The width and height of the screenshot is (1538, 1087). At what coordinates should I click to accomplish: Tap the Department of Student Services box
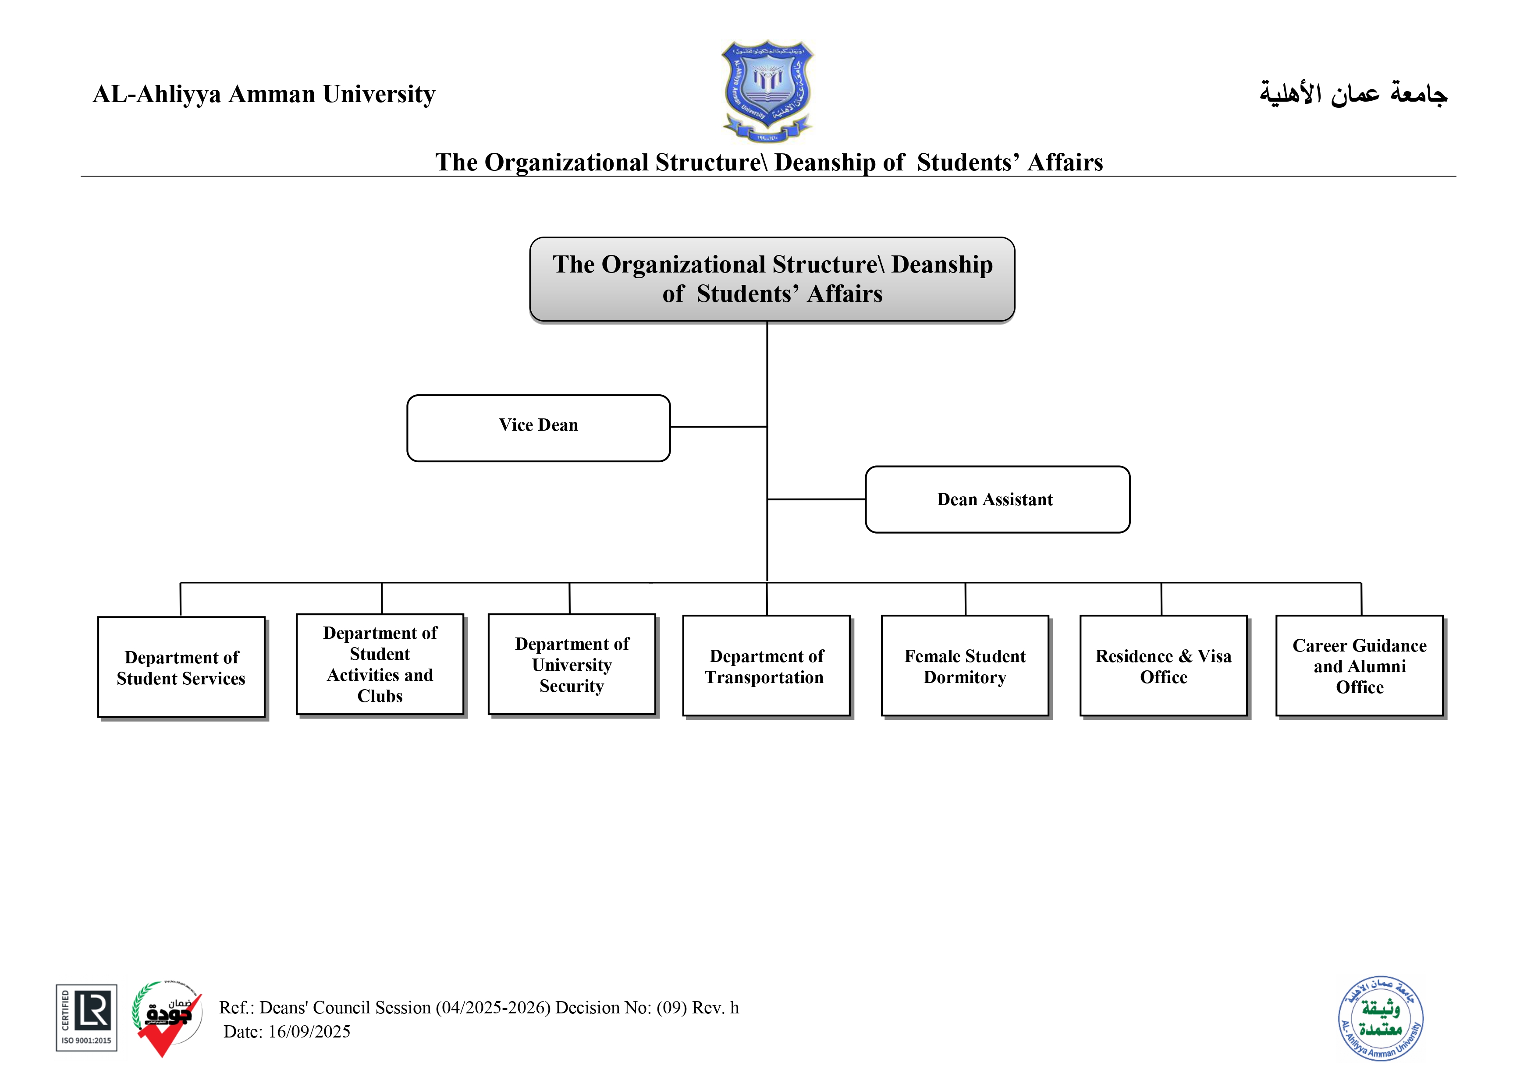(181, 667)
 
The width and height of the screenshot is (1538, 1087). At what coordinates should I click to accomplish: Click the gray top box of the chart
(772, 279)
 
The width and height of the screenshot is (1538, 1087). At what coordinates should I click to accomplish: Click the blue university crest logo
(767, 90)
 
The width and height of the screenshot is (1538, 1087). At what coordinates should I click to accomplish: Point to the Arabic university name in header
(1353, 94)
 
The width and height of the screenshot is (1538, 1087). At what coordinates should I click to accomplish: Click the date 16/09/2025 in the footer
(309, 1031)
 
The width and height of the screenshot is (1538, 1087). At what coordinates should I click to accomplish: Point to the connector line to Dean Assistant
(816, 499)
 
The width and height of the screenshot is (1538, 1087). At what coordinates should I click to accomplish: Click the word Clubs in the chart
(380, 697)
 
